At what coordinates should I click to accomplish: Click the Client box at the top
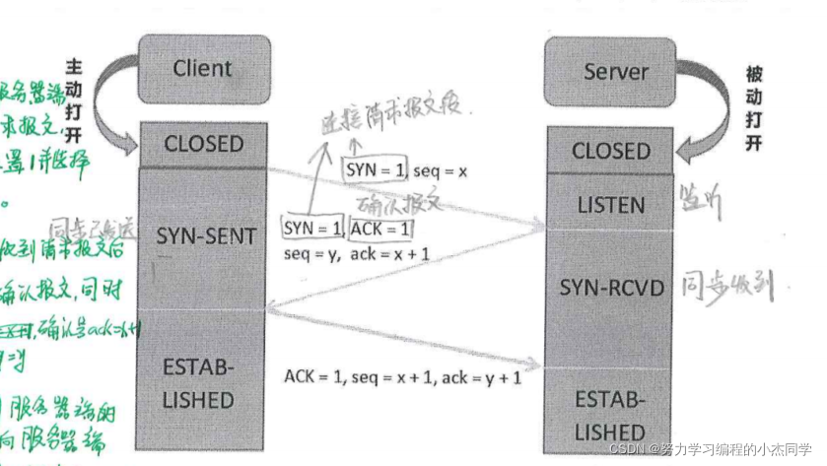pyautogui.click(x=201, y=69)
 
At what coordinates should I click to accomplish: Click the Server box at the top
pyautogui.click(x=616, y=72)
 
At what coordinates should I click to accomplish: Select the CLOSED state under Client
pyautogui.click(x=203, y=144)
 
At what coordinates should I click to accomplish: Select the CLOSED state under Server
pyautogui.click(x=611, y=152)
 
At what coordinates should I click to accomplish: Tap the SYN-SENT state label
pyautogui.click(x=206, y=236)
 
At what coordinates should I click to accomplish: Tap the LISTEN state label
pyautogui.click(x=610, y=206)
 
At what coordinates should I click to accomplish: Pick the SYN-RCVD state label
pyautogui.click(x=611, y=288)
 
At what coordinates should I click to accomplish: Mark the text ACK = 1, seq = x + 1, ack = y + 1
pyautogui.click(x=403, y=376)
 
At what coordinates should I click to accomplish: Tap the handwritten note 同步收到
pyautogui.click(x=733, y=286)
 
